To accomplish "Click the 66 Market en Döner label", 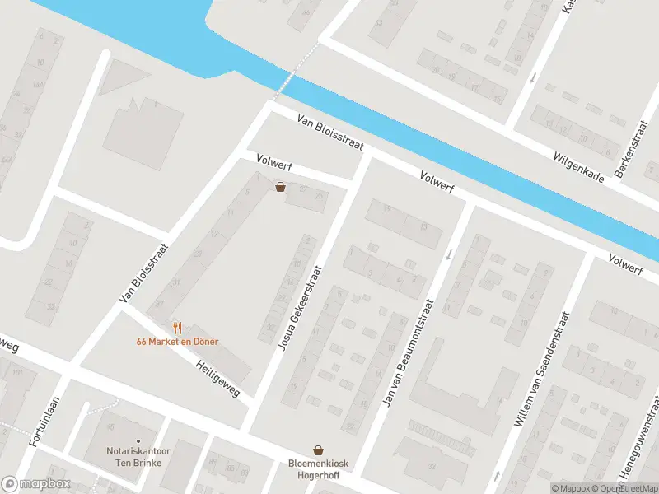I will (x=178, y=342).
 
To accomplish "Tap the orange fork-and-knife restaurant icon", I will (x=177, y=329).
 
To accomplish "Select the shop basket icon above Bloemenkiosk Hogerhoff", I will (x=318, y=450).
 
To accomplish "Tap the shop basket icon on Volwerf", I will (x=281, y=187).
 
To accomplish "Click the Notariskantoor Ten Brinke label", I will (x=137, y=457).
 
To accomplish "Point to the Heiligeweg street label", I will (x=217, y=378).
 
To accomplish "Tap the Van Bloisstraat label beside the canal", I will (x=330, y=132).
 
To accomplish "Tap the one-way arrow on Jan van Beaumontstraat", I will (x=449, y=254).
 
